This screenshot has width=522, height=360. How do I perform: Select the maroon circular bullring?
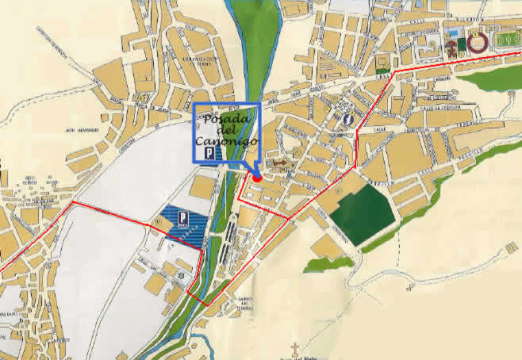(x=478, y=42)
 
